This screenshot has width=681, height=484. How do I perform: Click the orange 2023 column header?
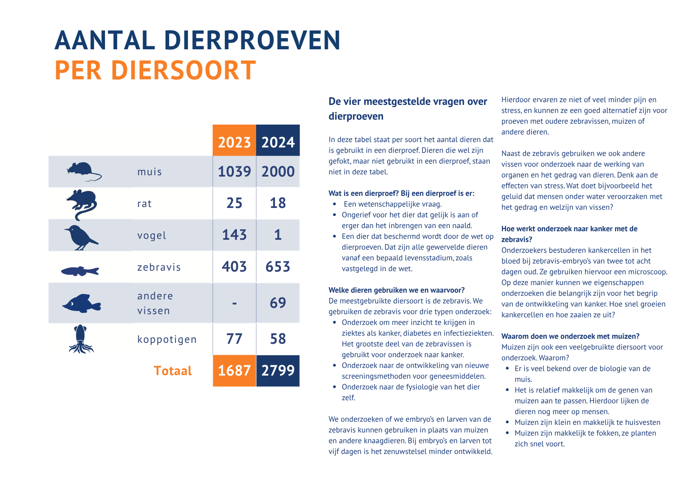click(x=234, y=142)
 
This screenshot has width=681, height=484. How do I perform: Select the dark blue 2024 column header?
click(x=278, y=142)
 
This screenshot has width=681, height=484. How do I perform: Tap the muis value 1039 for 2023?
click(x=234, y=172)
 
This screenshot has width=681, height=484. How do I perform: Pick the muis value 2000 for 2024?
click(x=278, y=172)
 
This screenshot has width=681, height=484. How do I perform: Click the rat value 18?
click(x=278, y=203)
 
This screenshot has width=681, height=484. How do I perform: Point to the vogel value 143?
click(x=234, y=235)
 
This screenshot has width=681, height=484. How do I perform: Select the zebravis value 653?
click(x=278, y=267)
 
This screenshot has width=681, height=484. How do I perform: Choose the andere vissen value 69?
click(x=278, y=303)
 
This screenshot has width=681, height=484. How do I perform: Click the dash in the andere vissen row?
click(x=234, y=303)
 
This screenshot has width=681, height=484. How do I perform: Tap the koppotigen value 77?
click(x=234, y=339)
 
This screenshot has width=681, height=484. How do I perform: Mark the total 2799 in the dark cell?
click(x=278, y=371)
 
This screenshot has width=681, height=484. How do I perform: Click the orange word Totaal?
click(x=173, y=371)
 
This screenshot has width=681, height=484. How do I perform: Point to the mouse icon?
click(x=83, y=171)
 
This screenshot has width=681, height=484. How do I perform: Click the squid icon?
click(x=81, y=339)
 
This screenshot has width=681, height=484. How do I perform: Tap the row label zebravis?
click(x=159, y=268)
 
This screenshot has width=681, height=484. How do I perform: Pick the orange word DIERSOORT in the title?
click(x=183, y=70)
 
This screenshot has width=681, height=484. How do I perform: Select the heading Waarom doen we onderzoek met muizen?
click(x=570, y=337)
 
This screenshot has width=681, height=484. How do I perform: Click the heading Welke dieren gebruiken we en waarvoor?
click(x=397, y=290)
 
